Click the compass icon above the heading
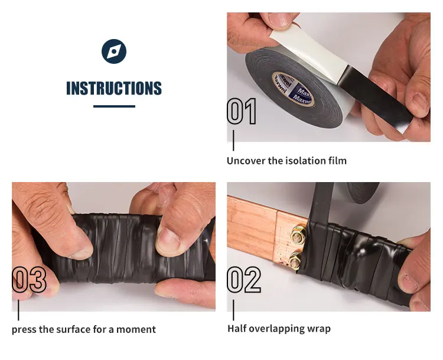click(x=114, y=51)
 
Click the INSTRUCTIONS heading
click(x=114, y=89)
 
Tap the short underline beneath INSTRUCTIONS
click(x=114, y=106)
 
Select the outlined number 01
click(x=242, y=112)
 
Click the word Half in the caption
click(x=237, y=329)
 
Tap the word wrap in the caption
click(x=318, y=329)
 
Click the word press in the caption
click(x=24, y=329)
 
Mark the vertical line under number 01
click(x=233, y=141)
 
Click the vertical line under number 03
click(x=18, y=310)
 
